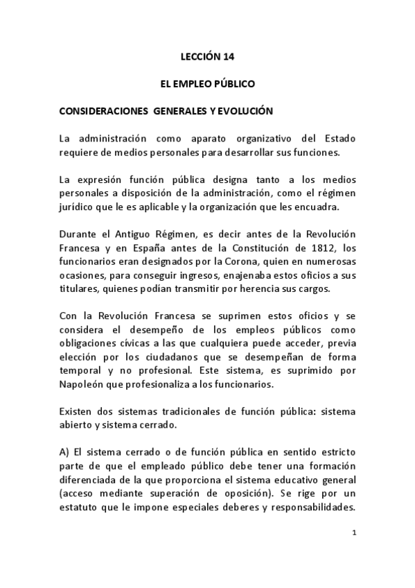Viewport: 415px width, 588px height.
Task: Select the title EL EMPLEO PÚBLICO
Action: click(x=207, y=84)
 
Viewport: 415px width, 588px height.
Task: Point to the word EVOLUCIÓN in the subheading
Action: click(x=245, y=110)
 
